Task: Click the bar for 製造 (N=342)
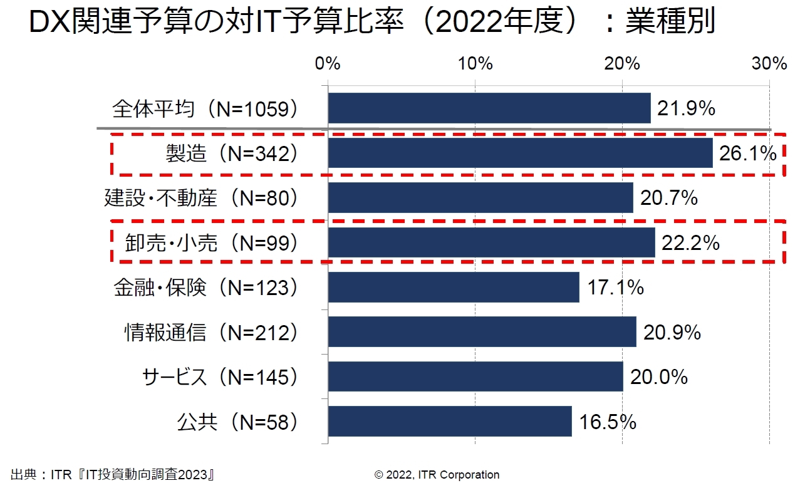click(520, 153)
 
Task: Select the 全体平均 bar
click(489, 108)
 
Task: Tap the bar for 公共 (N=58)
click(450, 421)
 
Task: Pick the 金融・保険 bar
click(454, 287)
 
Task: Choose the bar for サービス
click(475, 376)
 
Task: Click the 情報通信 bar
click(482, 331)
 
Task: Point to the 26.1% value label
click(748, 153)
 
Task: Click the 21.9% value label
click(686, 109)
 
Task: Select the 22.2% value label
click(690, 242)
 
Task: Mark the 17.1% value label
click(615, 288)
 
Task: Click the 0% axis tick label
click(328, 63)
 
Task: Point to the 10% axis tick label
click(475, 63)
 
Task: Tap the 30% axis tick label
click(769, 63)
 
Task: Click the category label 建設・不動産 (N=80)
click(200, 198)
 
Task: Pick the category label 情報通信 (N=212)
click(210, 332)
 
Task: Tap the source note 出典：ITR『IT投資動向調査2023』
click(113, 474)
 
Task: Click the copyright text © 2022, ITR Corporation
click(437, 474)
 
